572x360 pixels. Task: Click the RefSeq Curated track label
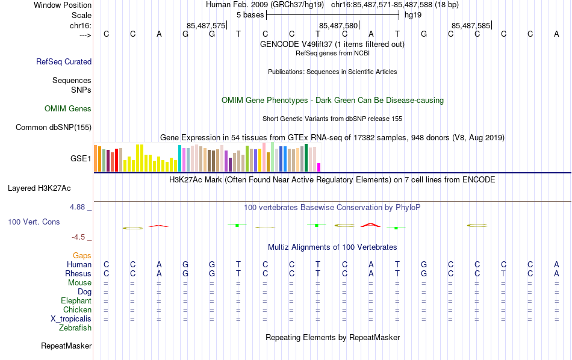click(64, 61)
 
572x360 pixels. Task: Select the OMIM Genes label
click(68, 109)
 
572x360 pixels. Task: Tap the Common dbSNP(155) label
click(54, 127)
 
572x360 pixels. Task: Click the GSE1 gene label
click(81, 159)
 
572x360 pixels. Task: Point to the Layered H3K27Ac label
click(39, 188)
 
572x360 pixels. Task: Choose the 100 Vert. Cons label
click(34, 222)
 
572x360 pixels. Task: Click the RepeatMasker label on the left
click(66, 346)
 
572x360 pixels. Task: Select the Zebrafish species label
click(75, 328)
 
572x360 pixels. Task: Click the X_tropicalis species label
click(71, 319)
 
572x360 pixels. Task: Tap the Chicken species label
click(77, 310)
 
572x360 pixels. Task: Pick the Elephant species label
click(76, 301)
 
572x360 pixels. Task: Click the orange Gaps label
click(82, 256)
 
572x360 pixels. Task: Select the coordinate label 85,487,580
click(338, 26)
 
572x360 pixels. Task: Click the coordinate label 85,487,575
click(206, 26)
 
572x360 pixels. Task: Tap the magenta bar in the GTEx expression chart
click(319, 167)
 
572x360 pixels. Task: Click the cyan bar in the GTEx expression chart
click(179, 158)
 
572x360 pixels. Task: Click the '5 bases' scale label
click(249, 14)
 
